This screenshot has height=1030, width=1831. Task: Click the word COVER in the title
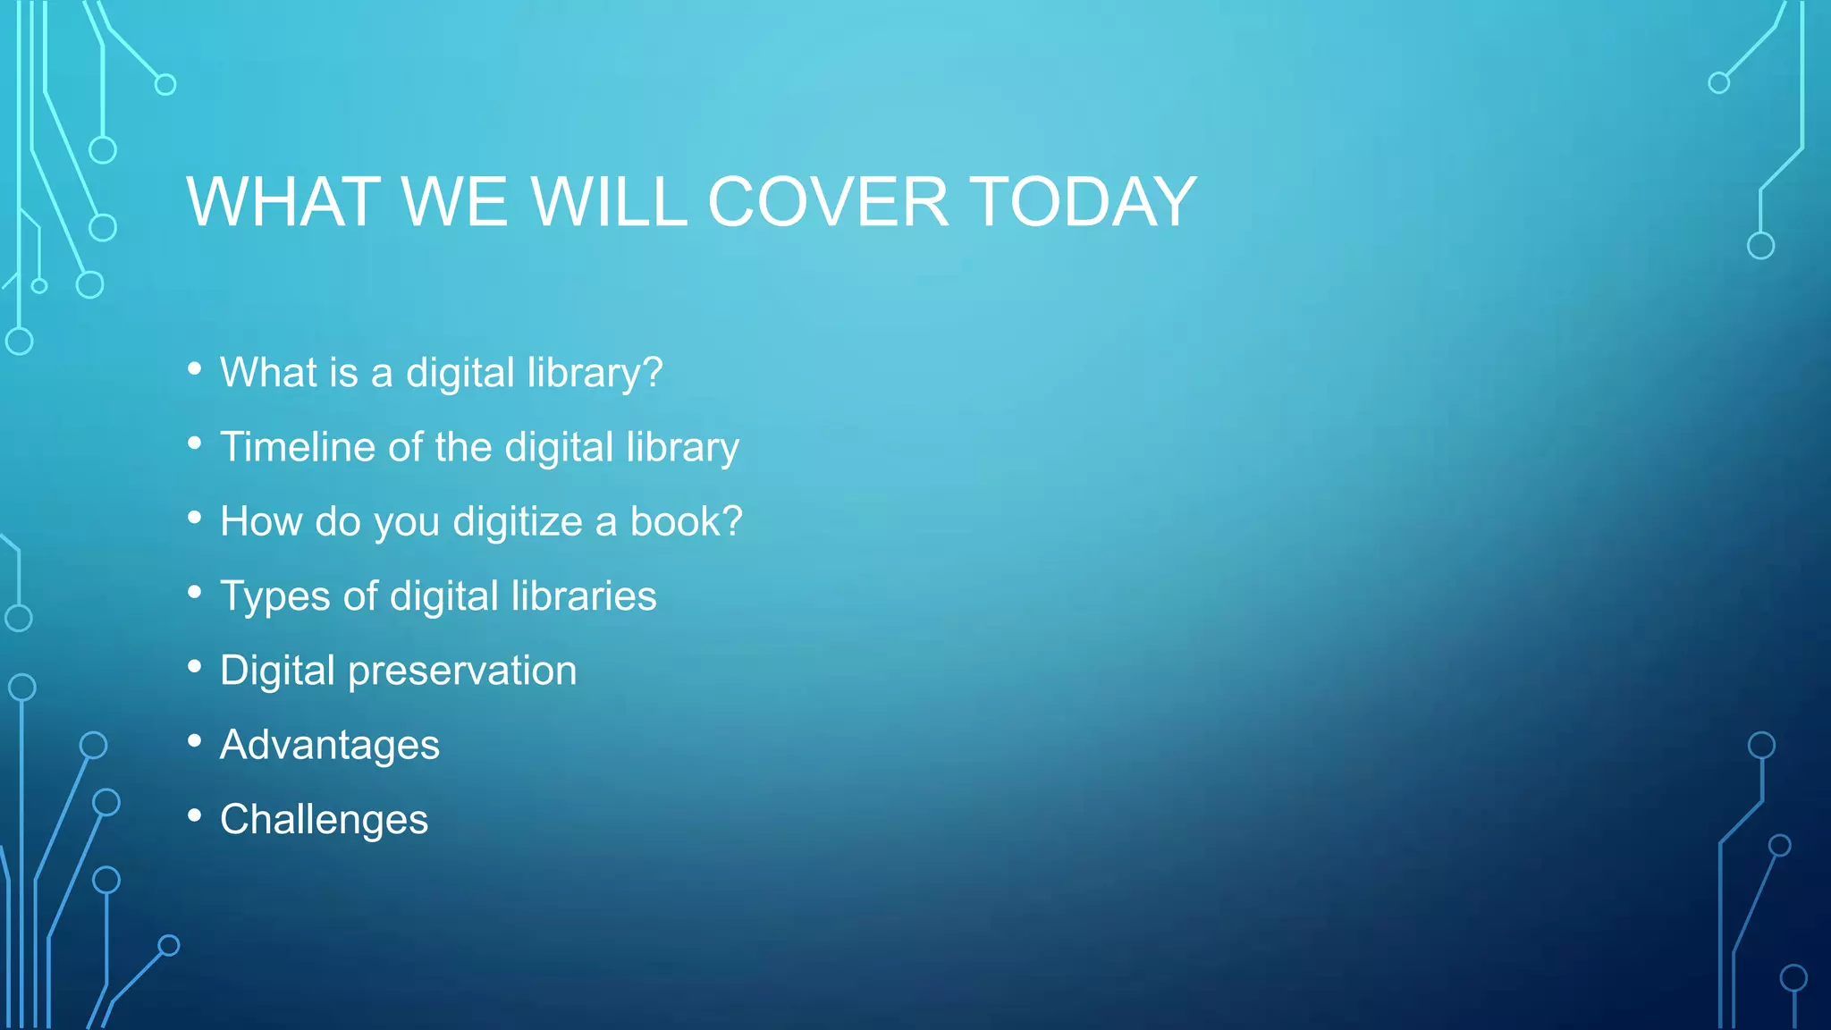tap(828, 202)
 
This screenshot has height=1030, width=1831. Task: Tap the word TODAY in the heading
tap(1083, 202)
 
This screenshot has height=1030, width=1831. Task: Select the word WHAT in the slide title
tap(283, 202)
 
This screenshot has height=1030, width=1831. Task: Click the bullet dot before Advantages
tap(195, 741)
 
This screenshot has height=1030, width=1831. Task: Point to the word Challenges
tap(324, 820)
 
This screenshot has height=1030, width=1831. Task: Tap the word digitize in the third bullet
tap(518, 522)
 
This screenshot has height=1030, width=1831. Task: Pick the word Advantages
tap(330, 746)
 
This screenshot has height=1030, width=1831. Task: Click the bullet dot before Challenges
tap(195, 815)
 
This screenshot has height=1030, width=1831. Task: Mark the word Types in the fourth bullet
tap(274, 597)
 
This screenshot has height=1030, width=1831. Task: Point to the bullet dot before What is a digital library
tap(195, 368)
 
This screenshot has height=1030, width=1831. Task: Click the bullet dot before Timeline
tap(195, 443)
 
